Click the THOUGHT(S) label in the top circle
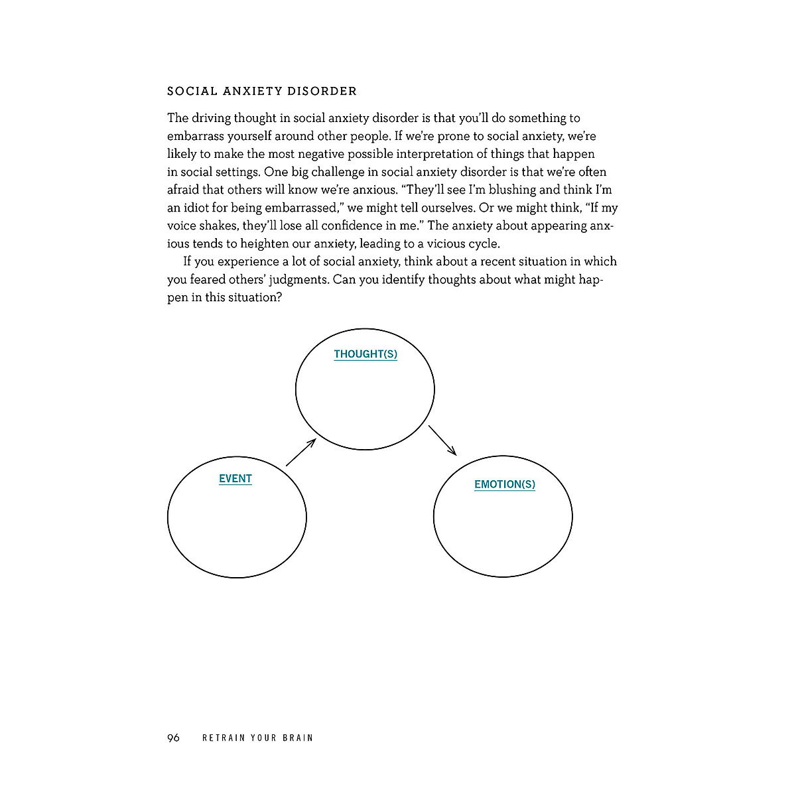(365, 354)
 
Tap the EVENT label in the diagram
(235, 479)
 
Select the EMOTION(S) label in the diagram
(505, 484)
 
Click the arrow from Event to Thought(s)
(300, 452)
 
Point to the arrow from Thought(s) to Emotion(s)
(442, 440)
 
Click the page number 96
(174, 738)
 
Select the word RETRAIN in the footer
(223, 738)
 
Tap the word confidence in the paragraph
(352, 226)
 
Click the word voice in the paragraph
(182, 226)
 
